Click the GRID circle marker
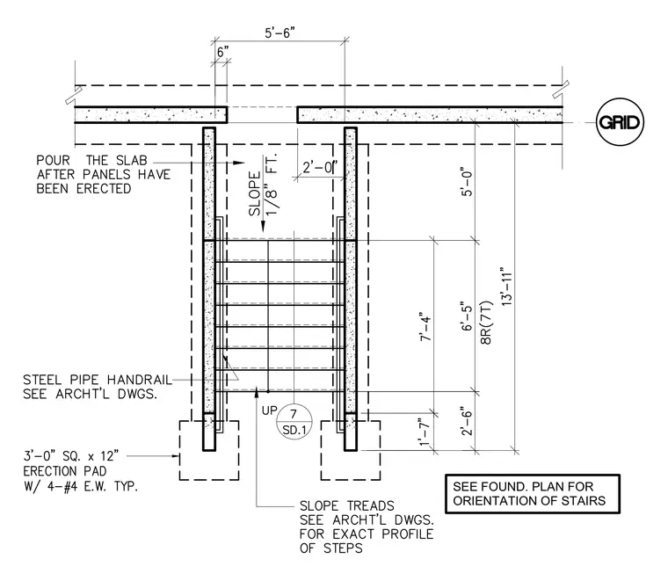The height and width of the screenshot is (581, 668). click(x=619, y=123)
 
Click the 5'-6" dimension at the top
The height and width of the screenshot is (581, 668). click(x=280, y=33)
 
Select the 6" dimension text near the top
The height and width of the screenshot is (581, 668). click(x=222, y=53)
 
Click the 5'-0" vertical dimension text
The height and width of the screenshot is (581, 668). click(x=468, y=184)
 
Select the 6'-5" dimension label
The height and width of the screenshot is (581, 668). click(x=468, y=317)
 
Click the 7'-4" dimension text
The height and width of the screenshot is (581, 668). click(x=426, y=328)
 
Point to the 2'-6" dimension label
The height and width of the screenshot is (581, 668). click(x=467, y=423)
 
